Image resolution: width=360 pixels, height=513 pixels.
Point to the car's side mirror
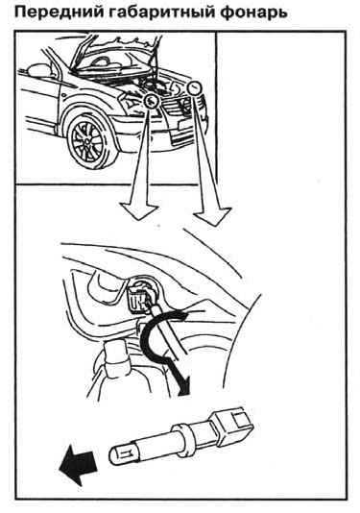[38, 70]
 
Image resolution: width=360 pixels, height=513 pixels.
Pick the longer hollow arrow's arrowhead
[213, 216]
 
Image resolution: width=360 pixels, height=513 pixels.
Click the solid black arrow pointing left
[78, 463]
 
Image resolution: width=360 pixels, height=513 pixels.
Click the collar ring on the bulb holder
[182, 437]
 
